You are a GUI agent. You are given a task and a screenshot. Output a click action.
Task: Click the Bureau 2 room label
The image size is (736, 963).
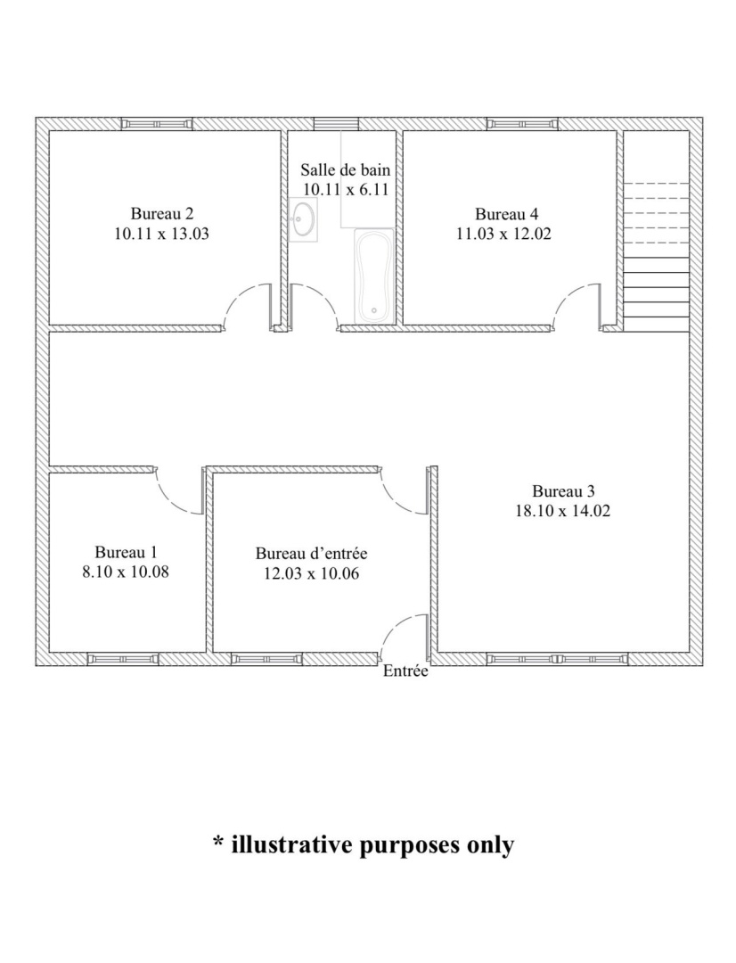pos(162,214)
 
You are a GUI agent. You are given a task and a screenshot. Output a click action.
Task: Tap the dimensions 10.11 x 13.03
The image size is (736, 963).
pos(161,234)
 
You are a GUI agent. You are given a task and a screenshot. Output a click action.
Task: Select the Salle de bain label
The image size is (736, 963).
pos(345,169)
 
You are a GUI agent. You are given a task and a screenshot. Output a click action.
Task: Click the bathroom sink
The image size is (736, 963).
pos(303,219)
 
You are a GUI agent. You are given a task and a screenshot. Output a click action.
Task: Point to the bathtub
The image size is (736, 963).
pos(374,276)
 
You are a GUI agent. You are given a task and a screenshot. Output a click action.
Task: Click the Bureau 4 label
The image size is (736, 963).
pos(506,214)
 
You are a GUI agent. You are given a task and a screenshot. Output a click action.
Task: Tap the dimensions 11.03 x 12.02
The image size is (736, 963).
pos(503,234)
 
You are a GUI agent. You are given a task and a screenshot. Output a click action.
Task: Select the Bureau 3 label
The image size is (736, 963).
pos(563,491)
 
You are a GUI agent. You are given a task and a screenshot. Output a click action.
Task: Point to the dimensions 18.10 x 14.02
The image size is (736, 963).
pos(563,511)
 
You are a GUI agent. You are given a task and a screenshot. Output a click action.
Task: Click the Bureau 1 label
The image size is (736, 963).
pos(126,552)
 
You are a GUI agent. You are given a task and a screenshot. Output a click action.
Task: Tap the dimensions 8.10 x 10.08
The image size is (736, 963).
pos(126,572)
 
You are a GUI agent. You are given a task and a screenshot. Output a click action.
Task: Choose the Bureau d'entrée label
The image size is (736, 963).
pos(311,554)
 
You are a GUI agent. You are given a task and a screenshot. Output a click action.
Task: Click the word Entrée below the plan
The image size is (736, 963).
pos(405,671)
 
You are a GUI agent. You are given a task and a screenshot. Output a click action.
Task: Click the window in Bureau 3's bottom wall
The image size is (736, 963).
pos(558,660)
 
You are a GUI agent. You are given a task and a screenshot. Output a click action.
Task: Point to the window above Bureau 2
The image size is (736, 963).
pos(157,124)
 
